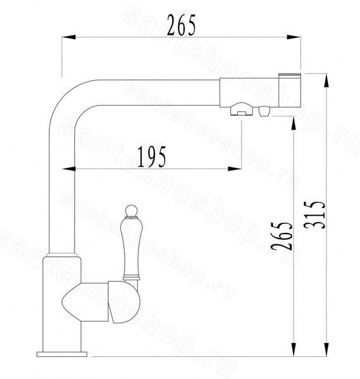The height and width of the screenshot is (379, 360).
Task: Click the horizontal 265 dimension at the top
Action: click(x=181, y=25)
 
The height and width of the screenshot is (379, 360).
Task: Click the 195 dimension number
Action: click(x=152, y=157)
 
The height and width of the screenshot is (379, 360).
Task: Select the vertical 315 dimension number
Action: click(x=315, y=215)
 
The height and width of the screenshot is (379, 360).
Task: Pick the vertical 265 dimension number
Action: click(x=282, y=235)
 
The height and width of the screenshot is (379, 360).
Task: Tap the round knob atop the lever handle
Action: click(x=131, y=211)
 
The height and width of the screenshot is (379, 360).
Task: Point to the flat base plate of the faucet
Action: click(x=62, y=354)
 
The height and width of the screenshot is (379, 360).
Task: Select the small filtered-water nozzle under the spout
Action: click(x=264, y=111)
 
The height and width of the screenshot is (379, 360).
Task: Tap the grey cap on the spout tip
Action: click(x=290, y=75)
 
